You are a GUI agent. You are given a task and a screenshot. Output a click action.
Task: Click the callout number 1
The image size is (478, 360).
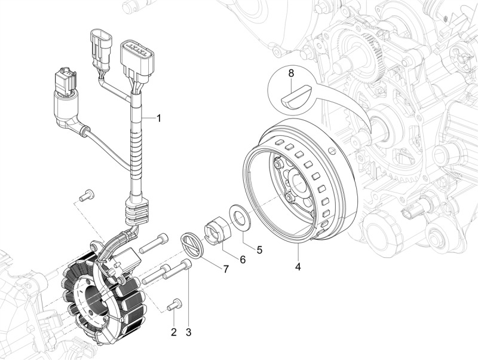click(x=159, y=118)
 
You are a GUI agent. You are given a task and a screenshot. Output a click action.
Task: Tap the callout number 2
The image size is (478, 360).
click(x=174, y=332)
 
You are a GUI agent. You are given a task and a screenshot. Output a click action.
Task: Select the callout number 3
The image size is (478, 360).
click(x=188, y=332)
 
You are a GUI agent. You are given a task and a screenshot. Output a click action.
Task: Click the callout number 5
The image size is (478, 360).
click(x=259, y=250)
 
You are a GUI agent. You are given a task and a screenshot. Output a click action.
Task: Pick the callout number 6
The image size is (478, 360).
click(x=243, y=259)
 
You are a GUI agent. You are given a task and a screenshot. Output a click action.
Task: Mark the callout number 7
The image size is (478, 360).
click(x=226, y=269)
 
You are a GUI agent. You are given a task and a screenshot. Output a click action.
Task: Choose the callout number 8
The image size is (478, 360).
click(x=291, y=74)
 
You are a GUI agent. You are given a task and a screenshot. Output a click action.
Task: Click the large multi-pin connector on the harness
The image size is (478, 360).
click(x=136, y=58)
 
